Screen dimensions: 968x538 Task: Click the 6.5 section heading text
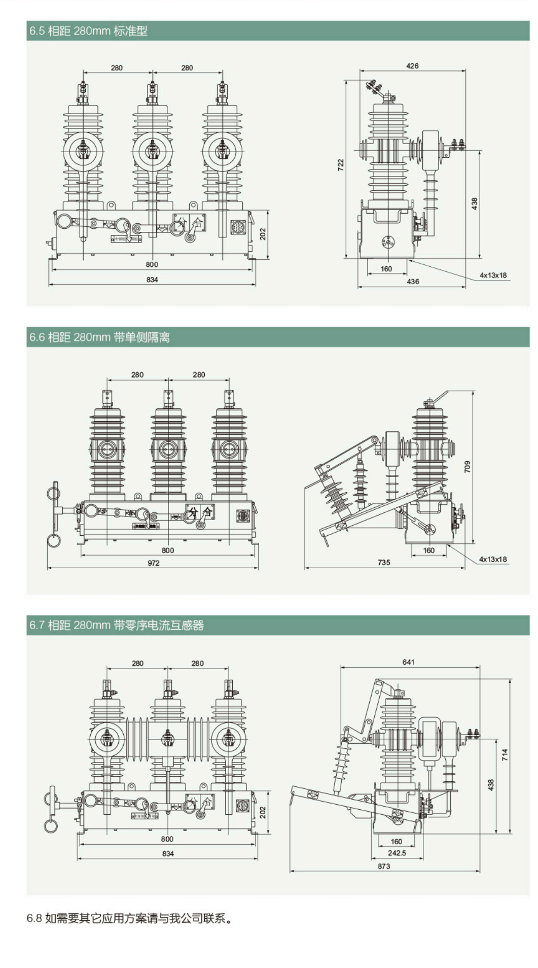coord(88,31)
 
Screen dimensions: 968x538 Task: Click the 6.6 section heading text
coord(99,337)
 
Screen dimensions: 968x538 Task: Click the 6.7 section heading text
coord(116,625)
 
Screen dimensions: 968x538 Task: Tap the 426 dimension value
coord(412,66)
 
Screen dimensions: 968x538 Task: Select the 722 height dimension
coord(341,165)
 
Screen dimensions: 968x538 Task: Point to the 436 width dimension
coord(413,282)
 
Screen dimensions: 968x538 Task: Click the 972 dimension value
coord(153,563)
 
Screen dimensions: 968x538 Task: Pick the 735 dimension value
coord(384,562)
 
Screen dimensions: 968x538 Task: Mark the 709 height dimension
coord(468,467)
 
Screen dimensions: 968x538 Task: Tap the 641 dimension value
coord(408,662)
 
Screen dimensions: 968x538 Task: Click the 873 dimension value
coord(384,866)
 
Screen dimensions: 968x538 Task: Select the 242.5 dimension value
coord(397,853)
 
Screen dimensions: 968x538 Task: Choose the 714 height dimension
coord(505,754)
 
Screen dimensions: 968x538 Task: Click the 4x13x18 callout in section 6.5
coord(493,275)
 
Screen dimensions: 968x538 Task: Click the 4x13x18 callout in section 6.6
coord(493,559)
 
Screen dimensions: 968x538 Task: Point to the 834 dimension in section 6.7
coord(168,853)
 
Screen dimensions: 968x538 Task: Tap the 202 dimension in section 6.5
coord(263,234)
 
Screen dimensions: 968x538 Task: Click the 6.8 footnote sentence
coord(130,918)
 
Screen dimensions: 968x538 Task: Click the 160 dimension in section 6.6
coord(428,550)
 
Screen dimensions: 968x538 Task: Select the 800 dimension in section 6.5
coord(152,264)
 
